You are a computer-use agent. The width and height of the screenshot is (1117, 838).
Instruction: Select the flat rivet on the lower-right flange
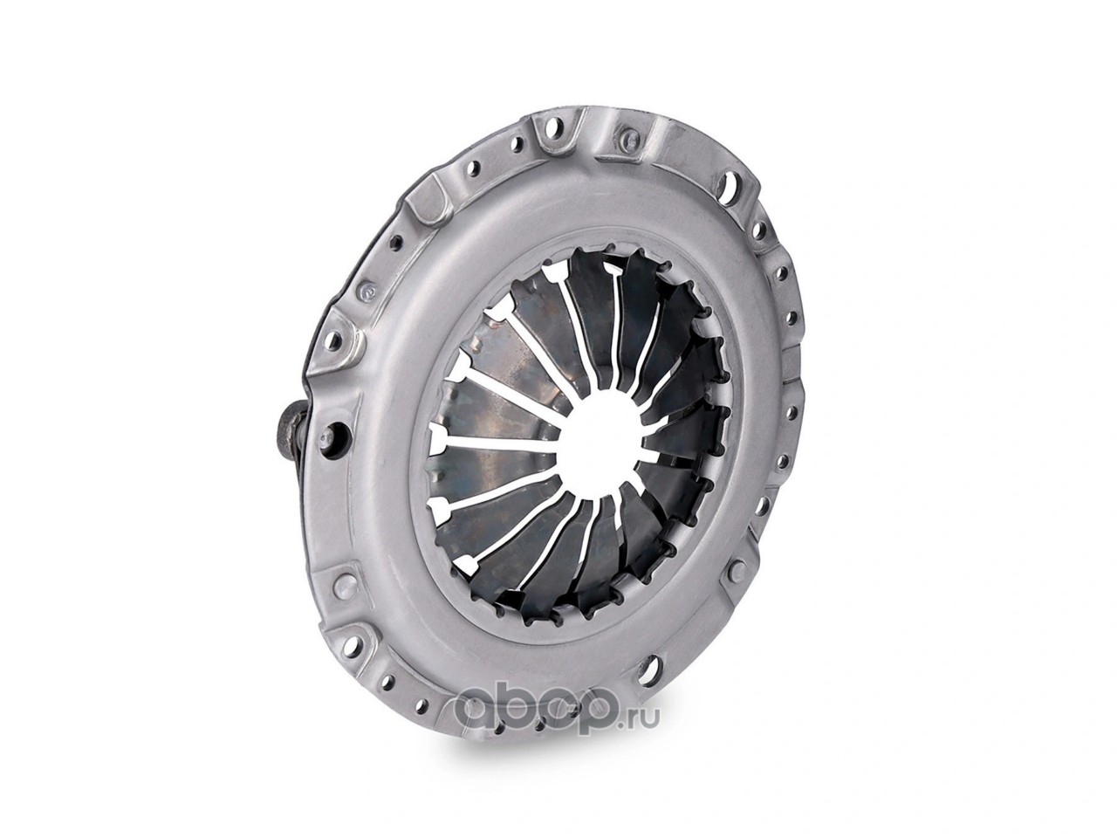(736, 573)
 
